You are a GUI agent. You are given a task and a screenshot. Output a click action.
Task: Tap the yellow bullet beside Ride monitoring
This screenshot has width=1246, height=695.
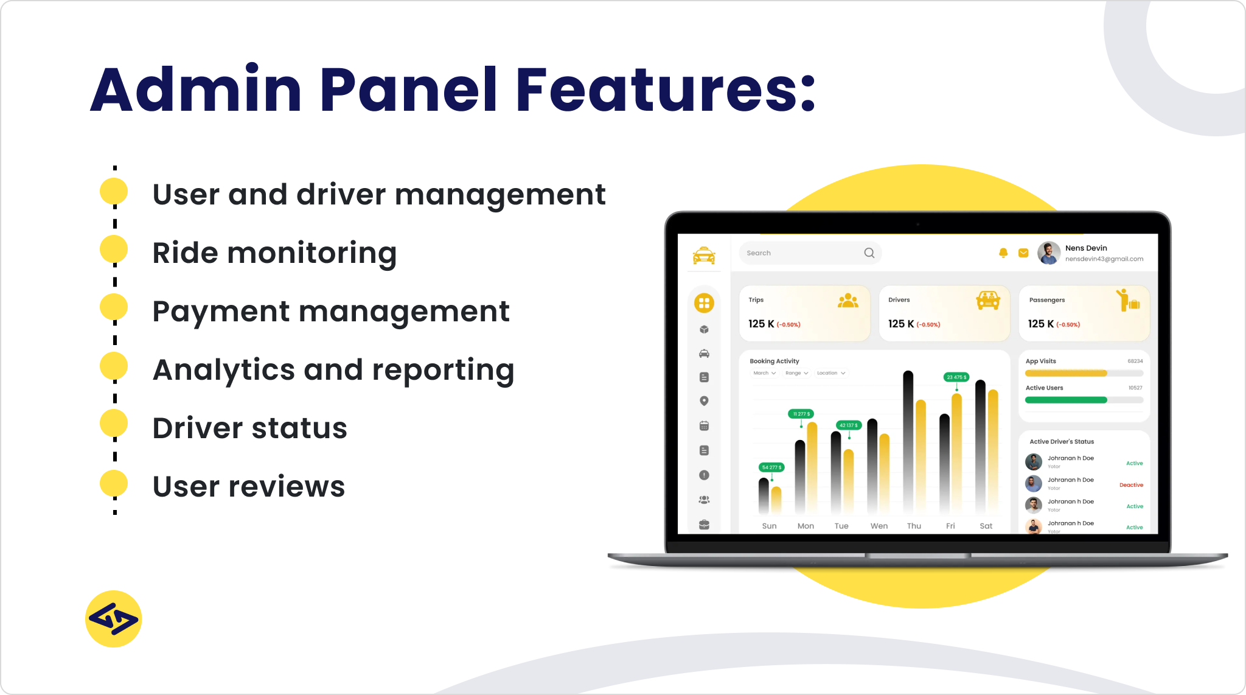click(x=114, y=250)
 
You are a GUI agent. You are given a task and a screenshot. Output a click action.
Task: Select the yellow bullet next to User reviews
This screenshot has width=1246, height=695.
click(x=114, y=484)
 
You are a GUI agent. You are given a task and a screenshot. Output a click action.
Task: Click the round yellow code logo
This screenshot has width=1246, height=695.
click(x=114, y=619)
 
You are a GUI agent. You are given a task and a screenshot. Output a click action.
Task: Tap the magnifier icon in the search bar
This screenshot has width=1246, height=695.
click(x=869, y=253)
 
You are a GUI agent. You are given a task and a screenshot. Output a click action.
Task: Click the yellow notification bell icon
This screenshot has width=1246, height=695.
click(x=1003, y=253)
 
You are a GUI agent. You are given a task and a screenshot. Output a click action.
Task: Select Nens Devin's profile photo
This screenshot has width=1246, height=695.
click(x=1049, y=253)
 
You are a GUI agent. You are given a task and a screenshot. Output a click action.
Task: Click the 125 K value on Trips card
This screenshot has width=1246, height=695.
click(x=761, y=324)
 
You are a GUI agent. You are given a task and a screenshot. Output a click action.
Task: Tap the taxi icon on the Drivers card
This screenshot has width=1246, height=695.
click(x=988, y=300)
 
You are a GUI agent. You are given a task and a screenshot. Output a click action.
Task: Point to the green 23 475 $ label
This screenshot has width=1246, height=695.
click(x=956, y=377)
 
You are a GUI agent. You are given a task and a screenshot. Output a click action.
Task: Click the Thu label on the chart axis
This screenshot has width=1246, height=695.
click(x=914, y=526)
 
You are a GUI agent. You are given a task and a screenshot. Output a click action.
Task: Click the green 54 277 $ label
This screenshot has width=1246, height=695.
click(x=771, y=467)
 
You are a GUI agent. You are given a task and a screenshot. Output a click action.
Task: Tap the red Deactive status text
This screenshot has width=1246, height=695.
click(x=1131, y=485)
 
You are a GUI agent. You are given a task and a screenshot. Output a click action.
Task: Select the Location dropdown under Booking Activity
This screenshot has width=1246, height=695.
click(x=830, y=373)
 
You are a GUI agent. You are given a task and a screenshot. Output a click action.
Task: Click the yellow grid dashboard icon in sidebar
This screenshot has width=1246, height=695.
click(x=704, y=303)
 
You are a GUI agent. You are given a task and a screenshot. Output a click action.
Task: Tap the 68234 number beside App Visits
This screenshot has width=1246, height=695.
click(x=1135, y=361)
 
